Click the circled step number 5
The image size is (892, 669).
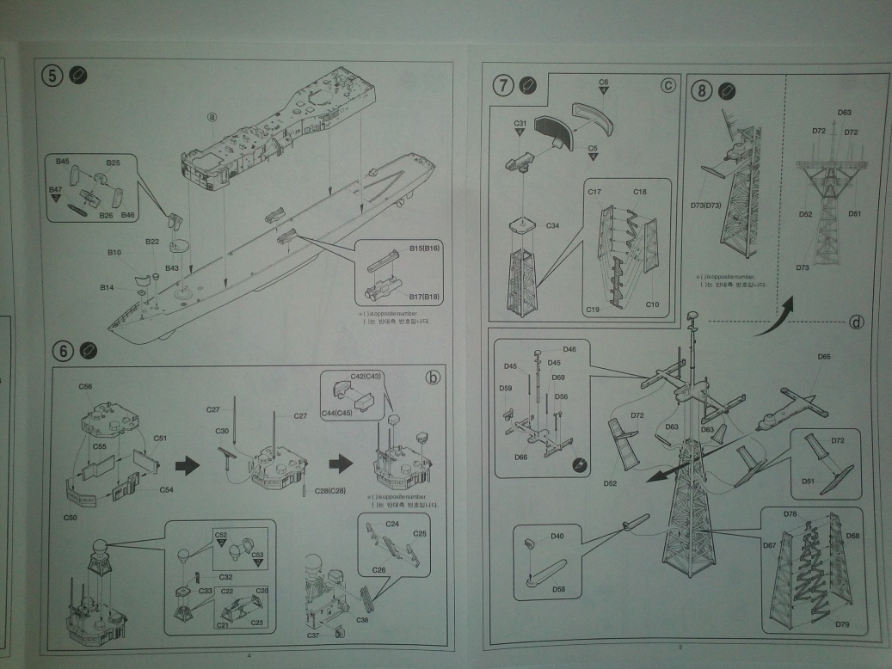click(x=53, y=76)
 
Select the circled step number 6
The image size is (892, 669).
click(x=62, y=351)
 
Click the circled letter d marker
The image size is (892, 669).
click(x=856, y=322)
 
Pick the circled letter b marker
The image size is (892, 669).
click(x=433, y=377)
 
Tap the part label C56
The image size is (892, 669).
click(x=85, y=386)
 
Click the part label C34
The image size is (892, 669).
click(x=552, y=224)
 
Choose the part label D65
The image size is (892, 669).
click(x=823, y=356)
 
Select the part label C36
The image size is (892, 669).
click(x=363, y=620)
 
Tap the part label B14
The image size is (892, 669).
click(x=107, y=287)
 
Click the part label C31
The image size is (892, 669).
click(x=520, y=124)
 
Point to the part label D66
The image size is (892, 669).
click(x=521, y=457)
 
